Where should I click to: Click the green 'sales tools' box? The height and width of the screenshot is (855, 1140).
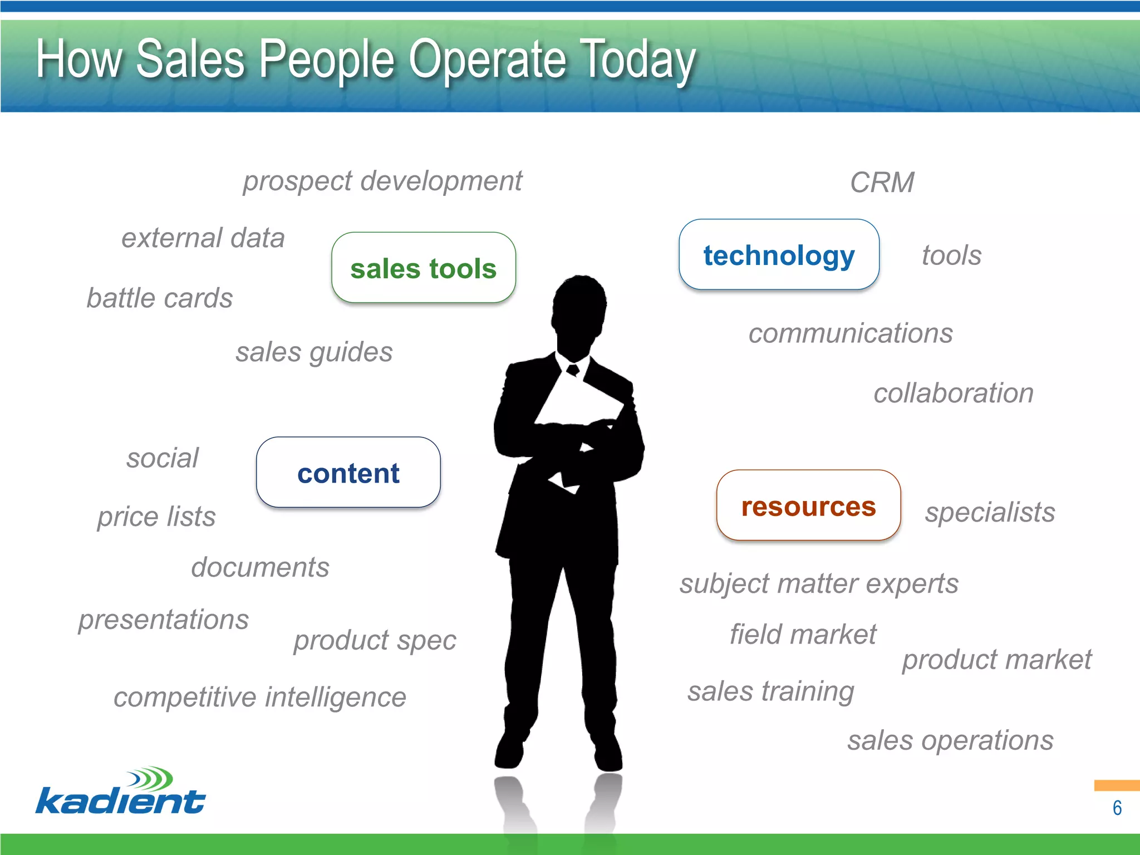tap(423, 268)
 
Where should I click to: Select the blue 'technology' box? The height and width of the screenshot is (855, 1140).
tap(779, 255)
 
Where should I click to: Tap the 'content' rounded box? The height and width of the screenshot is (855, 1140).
tap(348, 473)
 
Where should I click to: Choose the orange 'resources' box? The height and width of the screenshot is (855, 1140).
tap(808, 505)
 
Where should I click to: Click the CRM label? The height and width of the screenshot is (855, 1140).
tap(882, 183)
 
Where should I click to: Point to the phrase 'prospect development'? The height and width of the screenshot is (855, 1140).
tap(382, 181)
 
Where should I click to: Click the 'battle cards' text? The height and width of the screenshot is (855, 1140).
tap(159, 298)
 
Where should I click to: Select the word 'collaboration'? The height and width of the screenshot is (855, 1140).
tap(953, 393)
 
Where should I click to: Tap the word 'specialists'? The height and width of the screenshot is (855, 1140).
tap(990, 512)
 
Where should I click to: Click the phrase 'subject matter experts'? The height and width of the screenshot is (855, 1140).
tap(819, 584)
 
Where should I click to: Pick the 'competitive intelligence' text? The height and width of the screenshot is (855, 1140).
tap(259, 697)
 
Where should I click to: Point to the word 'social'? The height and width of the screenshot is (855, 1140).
tap(162, 458)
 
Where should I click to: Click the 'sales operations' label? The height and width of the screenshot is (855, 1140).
tap(950, 741)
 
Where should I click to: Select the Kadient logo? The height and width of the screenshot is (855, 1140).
tap(121, 792)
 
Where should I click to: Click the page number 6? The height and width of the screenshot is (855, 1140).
tap(1117, 808)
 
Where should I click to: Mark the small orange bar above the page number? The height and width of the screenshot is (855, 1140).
tap(1116, 785)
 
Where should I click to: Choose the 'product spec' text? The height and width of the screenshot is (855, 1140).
tap(375, 640)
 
